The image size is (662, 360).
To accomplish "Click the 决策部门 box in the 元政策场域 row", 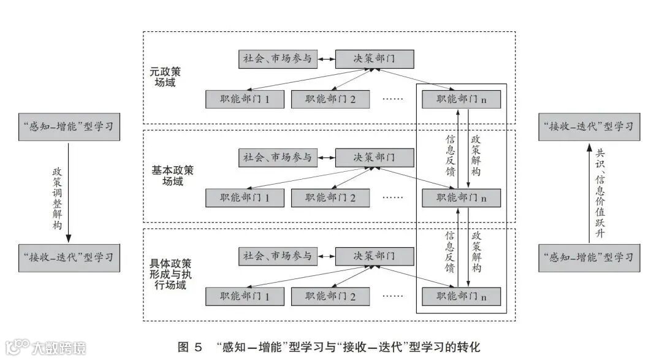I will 375,59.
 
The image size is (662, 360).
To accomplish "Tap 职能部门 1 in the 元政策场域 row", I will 245,99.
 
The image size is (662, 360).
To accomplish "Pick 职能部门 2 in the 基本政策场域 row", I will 330,197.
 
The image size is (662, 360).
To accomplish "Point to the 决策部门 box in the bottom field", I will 375,256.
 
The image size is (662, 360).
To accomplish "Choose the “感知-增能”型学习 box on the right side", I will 589,256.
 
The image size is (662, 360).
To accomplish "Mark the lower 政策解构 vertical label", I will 476,251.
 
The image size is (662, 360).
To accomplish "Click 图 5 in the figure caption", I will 190,347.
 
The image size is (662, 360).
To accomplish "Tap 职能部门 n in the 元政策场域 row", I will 462,99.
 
